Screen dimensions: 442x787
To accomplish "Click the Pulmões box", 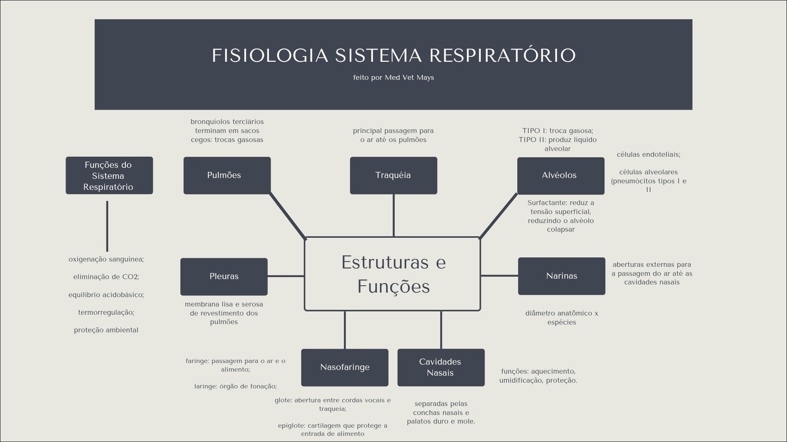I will click(x=227, y=175).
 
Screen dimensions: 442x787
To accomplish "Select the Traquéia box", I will click(x=393, y=175).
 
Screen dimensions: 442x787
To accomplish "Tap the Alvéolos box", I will click(x=560, y=175).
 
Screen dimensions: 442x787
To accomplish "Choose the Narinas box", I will click(x=561, y=276).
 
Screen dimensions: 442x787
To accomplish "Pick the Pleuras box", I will click(x=224, y=276).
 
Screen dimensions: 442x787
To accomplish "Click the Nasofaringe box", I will click(x=344, y=367).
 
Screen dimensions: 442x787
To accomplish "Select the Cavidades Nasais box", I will click(x=441, y=367).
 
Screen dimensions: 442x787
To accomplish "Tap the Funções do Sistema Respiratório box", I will click(x=109, y=175).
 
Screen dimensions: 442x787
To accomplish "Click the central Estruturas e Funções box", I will click(x=393, y=274).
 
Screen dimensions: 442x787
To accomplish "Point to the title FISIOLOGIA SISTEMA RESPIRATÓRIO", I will click(x=393, y=55).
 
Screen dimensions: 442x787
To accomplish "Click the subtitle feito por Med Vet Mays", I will click(x=393, y=78).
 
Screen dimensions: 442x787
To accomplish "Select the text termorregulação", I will click(x=106, y=312).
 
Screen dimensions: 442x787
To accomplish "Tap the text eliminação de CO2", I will click(x=106, y=277).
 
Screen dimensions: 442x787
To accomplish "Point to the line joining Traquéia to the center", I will click(x=393, y=215).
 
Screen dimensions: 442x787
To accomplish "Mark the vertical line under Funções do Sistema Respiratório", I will click(x=107, y=226).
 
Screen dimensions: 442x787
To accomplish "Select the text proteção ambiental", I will click(x=106, y=330).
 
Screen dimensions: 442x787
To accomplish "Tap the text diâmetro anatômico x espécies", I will click(x=561, y=318).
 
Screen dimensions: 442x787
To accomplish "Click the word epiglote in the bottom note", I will click(x=291, y=425).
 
